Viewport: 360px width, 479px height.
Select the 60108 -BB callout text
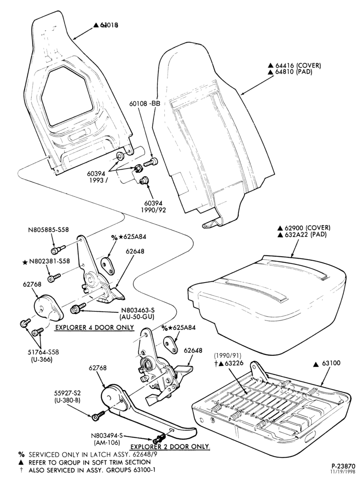(x=145, y=104)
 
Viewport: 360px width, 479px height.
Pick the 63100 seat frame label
(x=331, y=363)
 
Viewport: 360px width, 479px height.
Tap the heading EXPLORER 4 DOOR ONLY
(x=94, y=328)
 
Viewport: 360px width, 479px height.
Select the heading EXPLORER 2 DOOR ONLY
(x=170, y=446)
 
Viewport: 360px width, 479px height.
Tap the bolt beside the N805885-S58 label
(x=58, y=250)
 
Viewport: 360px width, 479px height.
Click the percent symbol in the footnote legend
(x=21, y=454)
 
